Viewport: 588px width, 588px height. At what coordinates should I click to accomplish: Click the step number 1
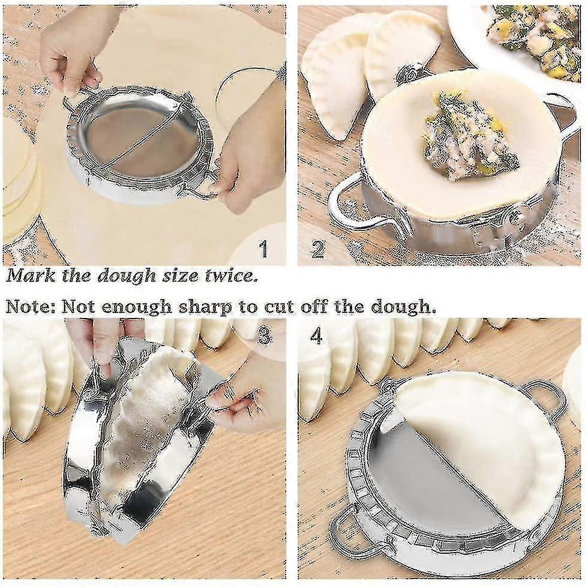point(262,248)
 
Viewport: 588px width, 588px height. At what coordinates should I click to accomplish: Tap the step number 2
point(317,248)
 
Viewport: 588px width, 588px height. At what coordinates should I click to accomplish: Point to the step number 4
point(317,336)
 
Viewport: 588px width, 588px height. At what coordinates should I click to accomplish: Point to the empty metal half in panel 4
point(420,474)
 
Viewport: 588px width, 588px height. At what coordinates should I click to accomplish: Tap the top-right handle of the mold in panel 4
point(543,396)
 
